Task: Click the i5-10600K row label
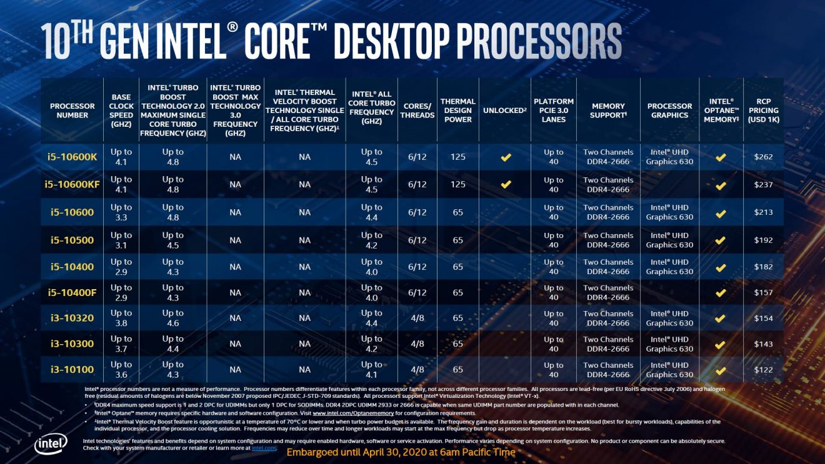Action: tap(72, 157)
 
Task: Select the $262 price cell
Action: tap(763, 157)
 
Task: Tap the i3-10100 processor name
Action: tap(72, 369)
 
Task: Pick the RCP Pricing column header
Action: tap(763, 111)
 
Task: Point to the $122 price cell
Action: tap(763, 370)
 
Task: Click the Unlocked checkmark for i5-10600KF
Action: tap(506, 185)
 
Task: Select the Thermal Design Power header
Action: tap(457, 111)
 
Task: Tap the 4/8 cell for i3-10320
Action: tap(417, 318)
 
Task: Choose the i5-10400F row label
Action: tap(72, 292)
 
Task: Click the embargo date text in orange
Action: tap(401, 452)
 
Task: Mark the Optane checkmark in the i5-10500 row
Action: tap(721, 240)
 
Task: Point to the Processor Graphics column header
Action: tap(669, 111)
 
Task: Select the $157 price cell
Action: tap(763, 292)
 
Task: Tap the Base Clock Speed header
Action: tap(121, 111)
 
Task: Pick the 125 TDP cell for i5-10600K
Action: tap(457, 157)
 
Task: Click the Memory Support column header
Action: tap(608, 111)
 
